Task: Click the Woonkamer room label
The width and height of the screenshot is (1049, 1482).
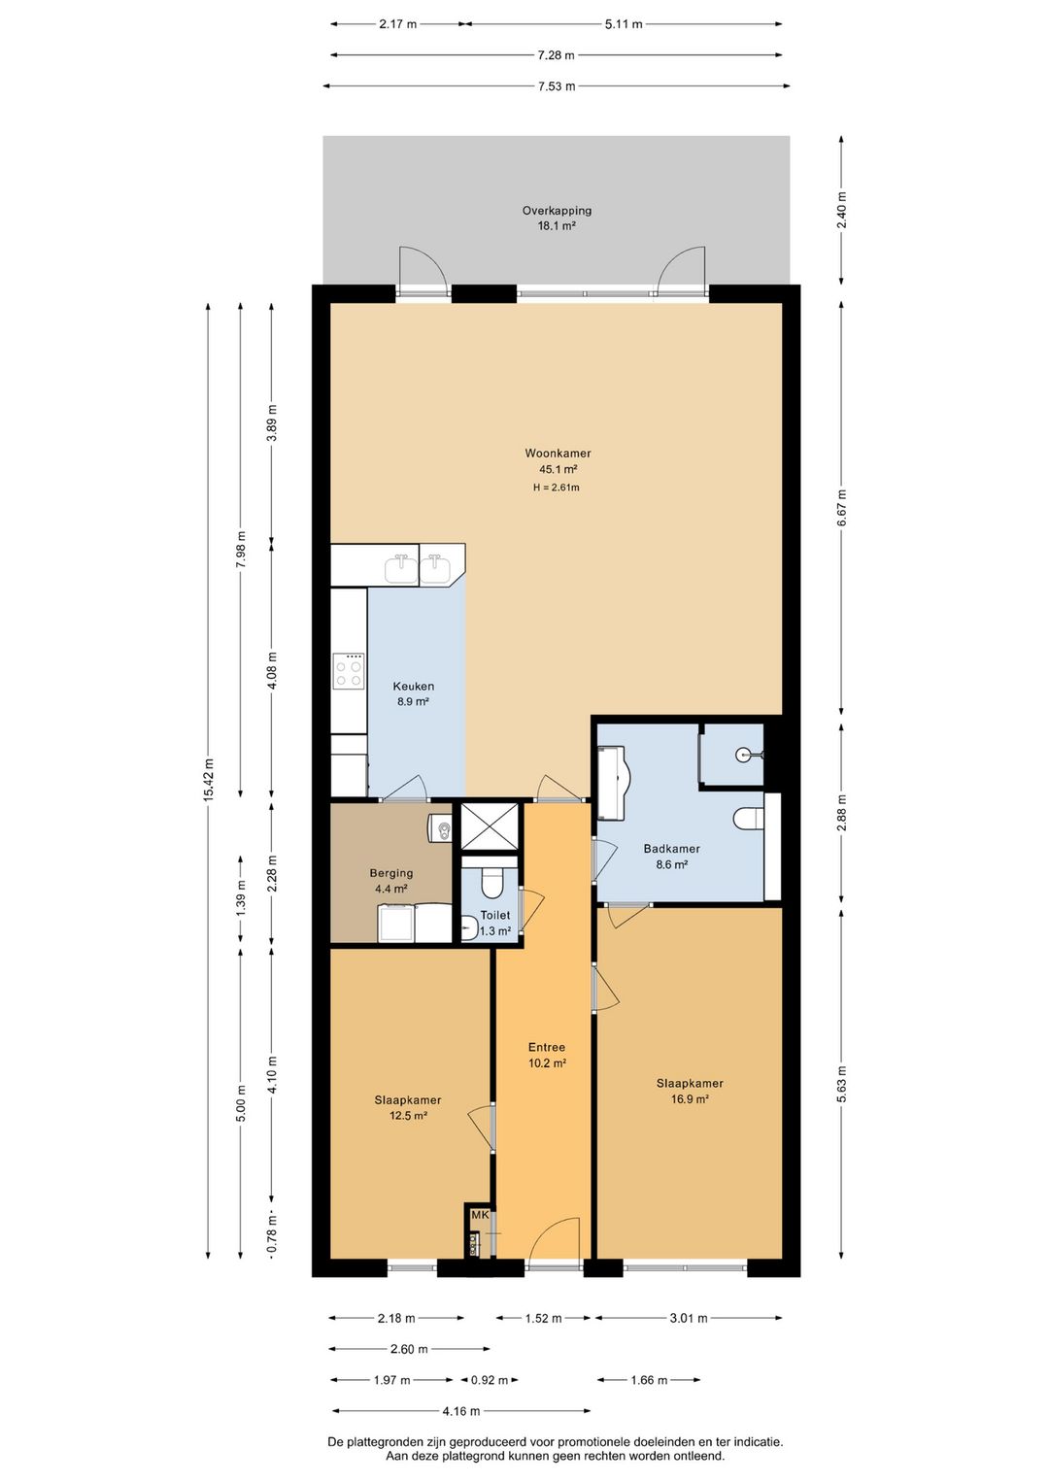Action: pos(558,454)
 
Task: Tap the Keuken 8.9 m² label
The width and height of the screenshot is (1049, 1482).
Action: pos(413,693)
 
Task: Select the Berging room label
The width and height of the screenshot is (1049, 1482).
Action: pos(391,873)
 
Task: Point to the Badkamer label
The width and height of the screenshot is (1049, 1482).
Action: pos(671,848)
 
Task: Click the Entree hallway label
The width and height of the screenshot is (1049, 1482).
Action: pos(547,1047)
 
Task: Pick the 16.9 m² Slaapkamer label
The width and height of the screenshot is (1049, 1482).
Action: pos(690,1091)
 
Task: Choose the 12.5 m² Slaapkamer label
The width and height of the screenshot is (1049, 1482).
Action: pos(408,1107)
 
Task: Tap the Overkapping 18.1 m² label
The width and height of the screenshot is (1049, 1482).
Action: pos(557,219)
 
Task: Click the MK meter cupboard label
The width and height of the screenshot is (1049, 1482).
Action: pos(480,1215)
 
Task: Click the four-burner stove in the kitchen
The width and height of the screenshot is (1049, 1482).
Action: pos(349,671)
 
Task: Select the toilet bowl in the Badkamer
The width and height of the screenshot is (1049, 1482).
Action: pos(749,819)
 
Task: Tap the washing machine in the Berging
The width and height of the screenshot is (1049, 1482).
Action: pos(395,923)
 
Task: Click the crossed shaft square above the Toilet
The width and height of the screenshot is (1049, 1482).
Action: pos(490,825)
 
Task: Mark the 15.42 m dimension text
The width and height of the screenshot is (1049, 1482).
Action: pos(209,780)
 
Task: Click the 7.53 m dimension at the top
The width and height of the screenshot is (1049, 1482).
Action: pos(556,86)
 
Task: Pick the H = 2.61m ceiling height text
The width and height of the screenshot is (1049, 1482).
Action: pos(557,488)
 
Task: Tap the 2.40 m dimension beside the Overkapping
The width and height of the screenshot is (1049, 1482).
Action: pos(841,210)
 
